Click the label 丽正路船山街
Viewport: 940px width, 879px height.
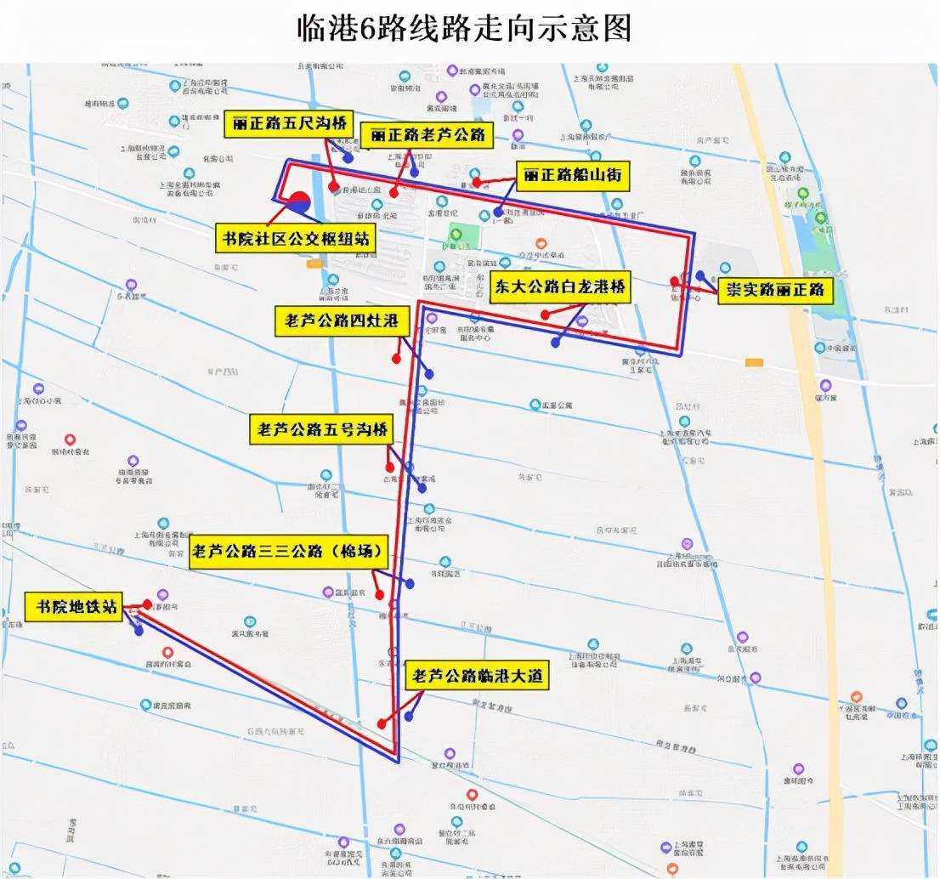(x=573, y=176)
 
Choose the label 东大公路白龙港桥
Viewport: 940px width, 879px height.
(x=561, y=287)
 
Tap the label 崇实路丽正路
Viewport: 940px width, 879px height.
(x=773, y=290)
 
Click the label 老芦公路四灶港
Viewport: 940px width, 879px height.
(x=343, y=320)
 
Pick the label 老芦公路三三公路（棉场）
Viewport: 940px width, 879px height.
(x=289, y=550)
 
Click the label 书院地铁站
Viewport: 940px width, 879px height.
(x=74, y=607)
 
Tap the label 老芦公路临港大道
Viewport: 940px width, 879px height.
(x=476, y=677)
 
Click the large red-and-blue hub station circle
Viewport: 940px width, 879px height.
(x=299, y=203)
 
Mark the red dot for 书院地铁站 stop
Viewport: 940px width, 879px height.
(x=147, y=604)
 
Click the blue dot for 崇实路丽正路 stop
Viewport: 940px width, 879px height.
(x=699, y=275)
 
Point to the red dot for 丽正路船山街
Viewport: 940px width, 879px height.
(x=478, y=181)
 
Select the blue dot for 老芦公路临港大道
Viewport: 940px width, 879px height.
(x=409, y=717)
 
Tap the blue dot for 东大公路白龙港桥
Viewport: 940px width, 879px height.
(x=555, y=343)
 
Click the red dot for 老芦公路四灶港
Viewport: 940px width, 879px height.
(x=396, y=359)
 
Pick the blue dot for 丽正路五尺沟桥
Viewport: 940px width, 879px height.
(x=348, y=158)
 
